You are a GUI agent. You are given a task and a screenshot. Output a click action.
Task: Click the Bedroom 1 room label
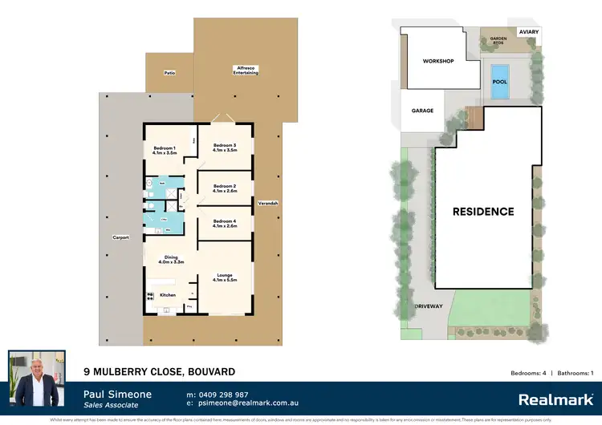[165, 148]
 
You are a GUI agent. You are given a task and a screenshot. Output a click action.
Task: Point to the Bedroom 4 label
[224, 223]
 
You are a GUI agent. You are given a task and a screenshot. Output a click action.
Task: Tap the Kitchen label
[168, 295]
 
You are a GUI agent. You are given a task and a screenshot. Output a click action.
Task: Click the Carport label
[120, 238]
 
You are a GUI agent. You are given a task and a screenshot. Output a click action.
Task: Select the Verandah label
[267, 204]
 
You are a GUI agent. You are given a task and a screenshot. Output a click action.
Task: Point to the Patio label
[169, 73]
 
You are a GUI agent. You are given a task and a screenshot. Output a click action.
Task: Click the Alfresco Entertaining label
[246, 71]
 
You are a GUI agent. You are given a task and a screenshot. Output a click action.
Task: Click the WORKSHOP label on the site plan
[438, 62]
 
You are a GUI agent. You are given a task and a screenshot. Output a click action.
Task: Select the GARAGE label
[422, 111]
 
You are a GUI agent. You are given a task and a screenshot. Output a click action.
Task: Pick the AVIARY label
[529, 32]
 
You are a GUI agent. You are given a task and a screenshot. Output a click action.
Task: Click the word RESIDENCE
[482, 212]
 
